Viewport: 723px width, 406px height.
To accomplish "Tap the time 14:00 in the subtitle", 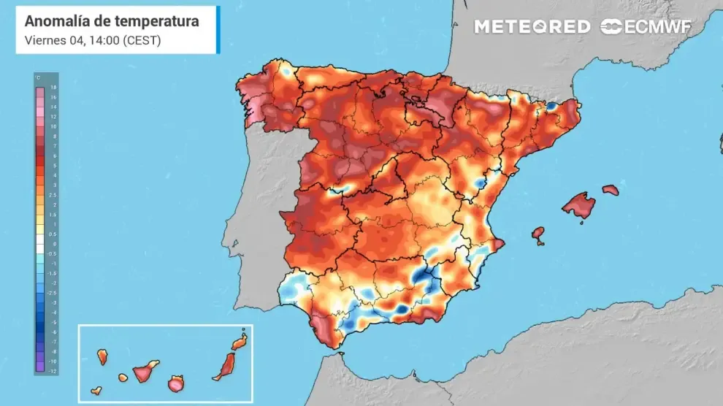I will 100,40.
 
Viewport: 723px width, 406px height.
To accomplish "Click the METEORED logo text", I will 532,27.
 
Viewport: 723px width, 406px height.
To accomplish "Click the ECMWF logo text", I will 655,27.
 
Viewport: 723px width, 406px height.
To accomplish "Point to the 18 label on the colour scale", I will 53,87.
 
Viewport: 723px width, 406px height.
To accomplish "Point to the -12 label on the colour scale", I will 53,371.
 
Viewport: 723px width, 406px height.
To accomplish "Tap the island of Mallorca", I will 579,206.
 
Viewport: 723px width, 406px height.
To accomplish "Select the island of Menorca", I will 611,190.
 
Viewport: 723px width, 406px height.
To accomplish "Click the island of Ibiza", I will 538,234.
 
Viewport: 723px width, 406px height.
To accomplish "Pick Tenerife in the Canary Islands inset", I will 143,372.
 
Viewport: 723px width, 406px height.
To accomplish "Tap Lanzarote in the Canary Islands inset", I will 240,342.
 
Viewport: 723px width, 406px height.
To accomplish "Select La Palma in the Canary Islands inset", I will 102,356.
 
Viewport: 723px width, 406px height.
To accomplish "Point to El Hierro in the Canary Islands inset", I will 96,391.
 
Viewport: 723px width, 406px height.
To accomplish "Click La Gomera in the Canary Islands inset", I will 122,378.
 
